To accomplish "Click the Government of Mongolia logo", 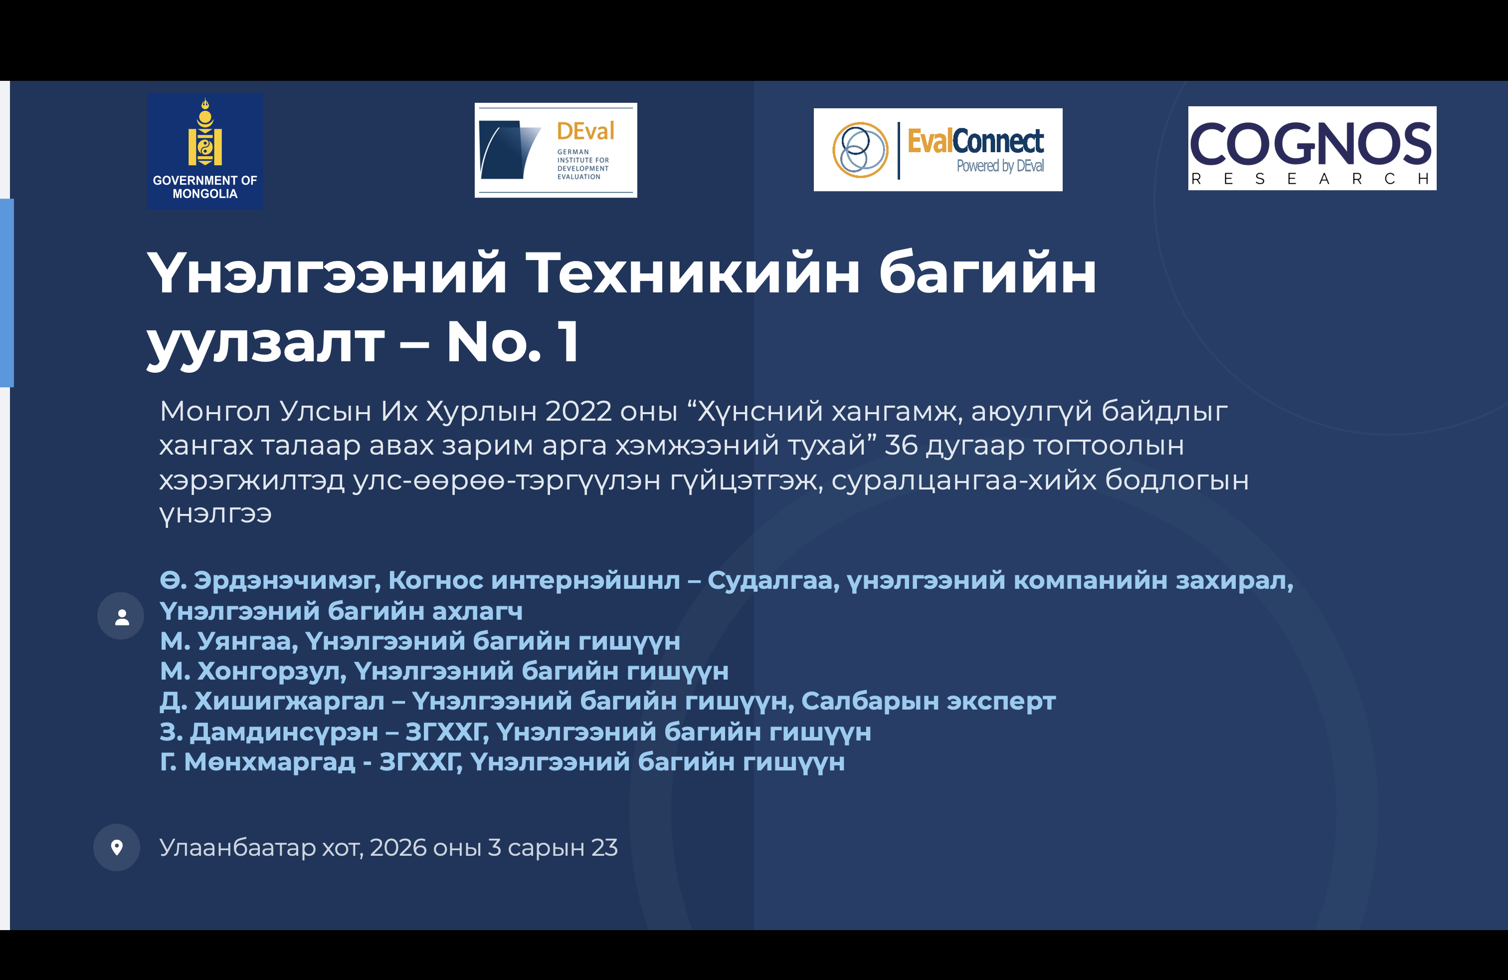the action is [x=204, y=152].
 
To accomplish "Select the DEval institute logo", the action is [x=556, y=150].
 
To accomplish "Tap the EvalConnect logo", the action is [x=938, y=150].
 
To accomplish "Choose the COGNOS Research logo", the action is [x=1312, y=148].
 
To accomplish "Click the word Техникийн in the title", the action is [x=692, y=274].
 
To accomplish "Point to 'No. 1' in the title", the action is [x=513, y=342].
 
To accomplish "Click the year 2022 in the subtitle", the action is [x=578, y=411].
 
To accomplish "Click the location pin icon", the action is [x=117, y=847].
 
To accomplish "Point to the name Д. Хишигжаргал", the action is [x=272, y=702].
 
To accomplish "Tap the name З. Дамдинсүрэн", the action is [x=269, y=732].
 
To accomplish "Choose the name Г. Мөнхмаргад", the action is [x=257, y=762].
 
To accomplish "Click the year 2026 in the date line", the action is [x=398, y=847].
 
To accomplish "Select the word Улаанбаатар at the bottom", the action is [x=237, y=847].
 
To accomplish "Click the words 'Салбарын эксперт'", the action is [x=928, y=702].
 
